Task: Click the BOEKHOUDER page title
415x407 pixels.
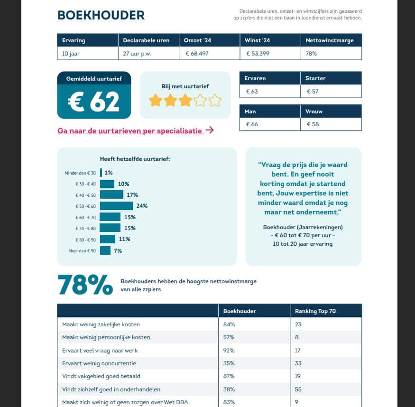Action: [x=101, y=15]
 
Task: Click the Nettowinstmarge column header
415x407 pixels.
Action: [x=329, y=40]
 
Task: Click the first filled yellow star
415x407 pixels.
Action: [x=155, y=101]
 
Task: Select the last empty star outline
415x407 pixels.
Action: [x=215, y=101]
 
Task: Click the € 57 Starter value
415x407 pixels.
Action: [x=313, y=91]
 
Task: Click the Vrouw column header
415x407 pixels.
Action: [x=313, y=111]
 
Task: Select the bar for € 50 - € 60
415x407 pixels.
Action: [x=116, y=206]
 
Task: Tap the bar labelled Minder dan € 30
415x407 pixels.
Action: [x=101, y=173]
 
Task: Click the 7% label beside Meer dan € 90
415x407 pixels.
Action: [x=118, y=250]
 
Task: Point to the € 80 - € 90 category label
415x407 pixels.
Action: [x=85, y=240]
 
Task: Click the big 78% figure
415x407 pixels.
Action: [x=85, y=285]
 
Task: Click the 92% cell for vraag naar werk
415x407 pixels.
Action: [x=229, y=351]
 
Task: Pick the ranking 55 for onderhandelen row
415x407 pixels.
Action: [x=299, y=389]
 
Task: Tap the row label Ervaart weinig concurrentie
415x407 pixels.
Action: [x=99, y=363]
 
